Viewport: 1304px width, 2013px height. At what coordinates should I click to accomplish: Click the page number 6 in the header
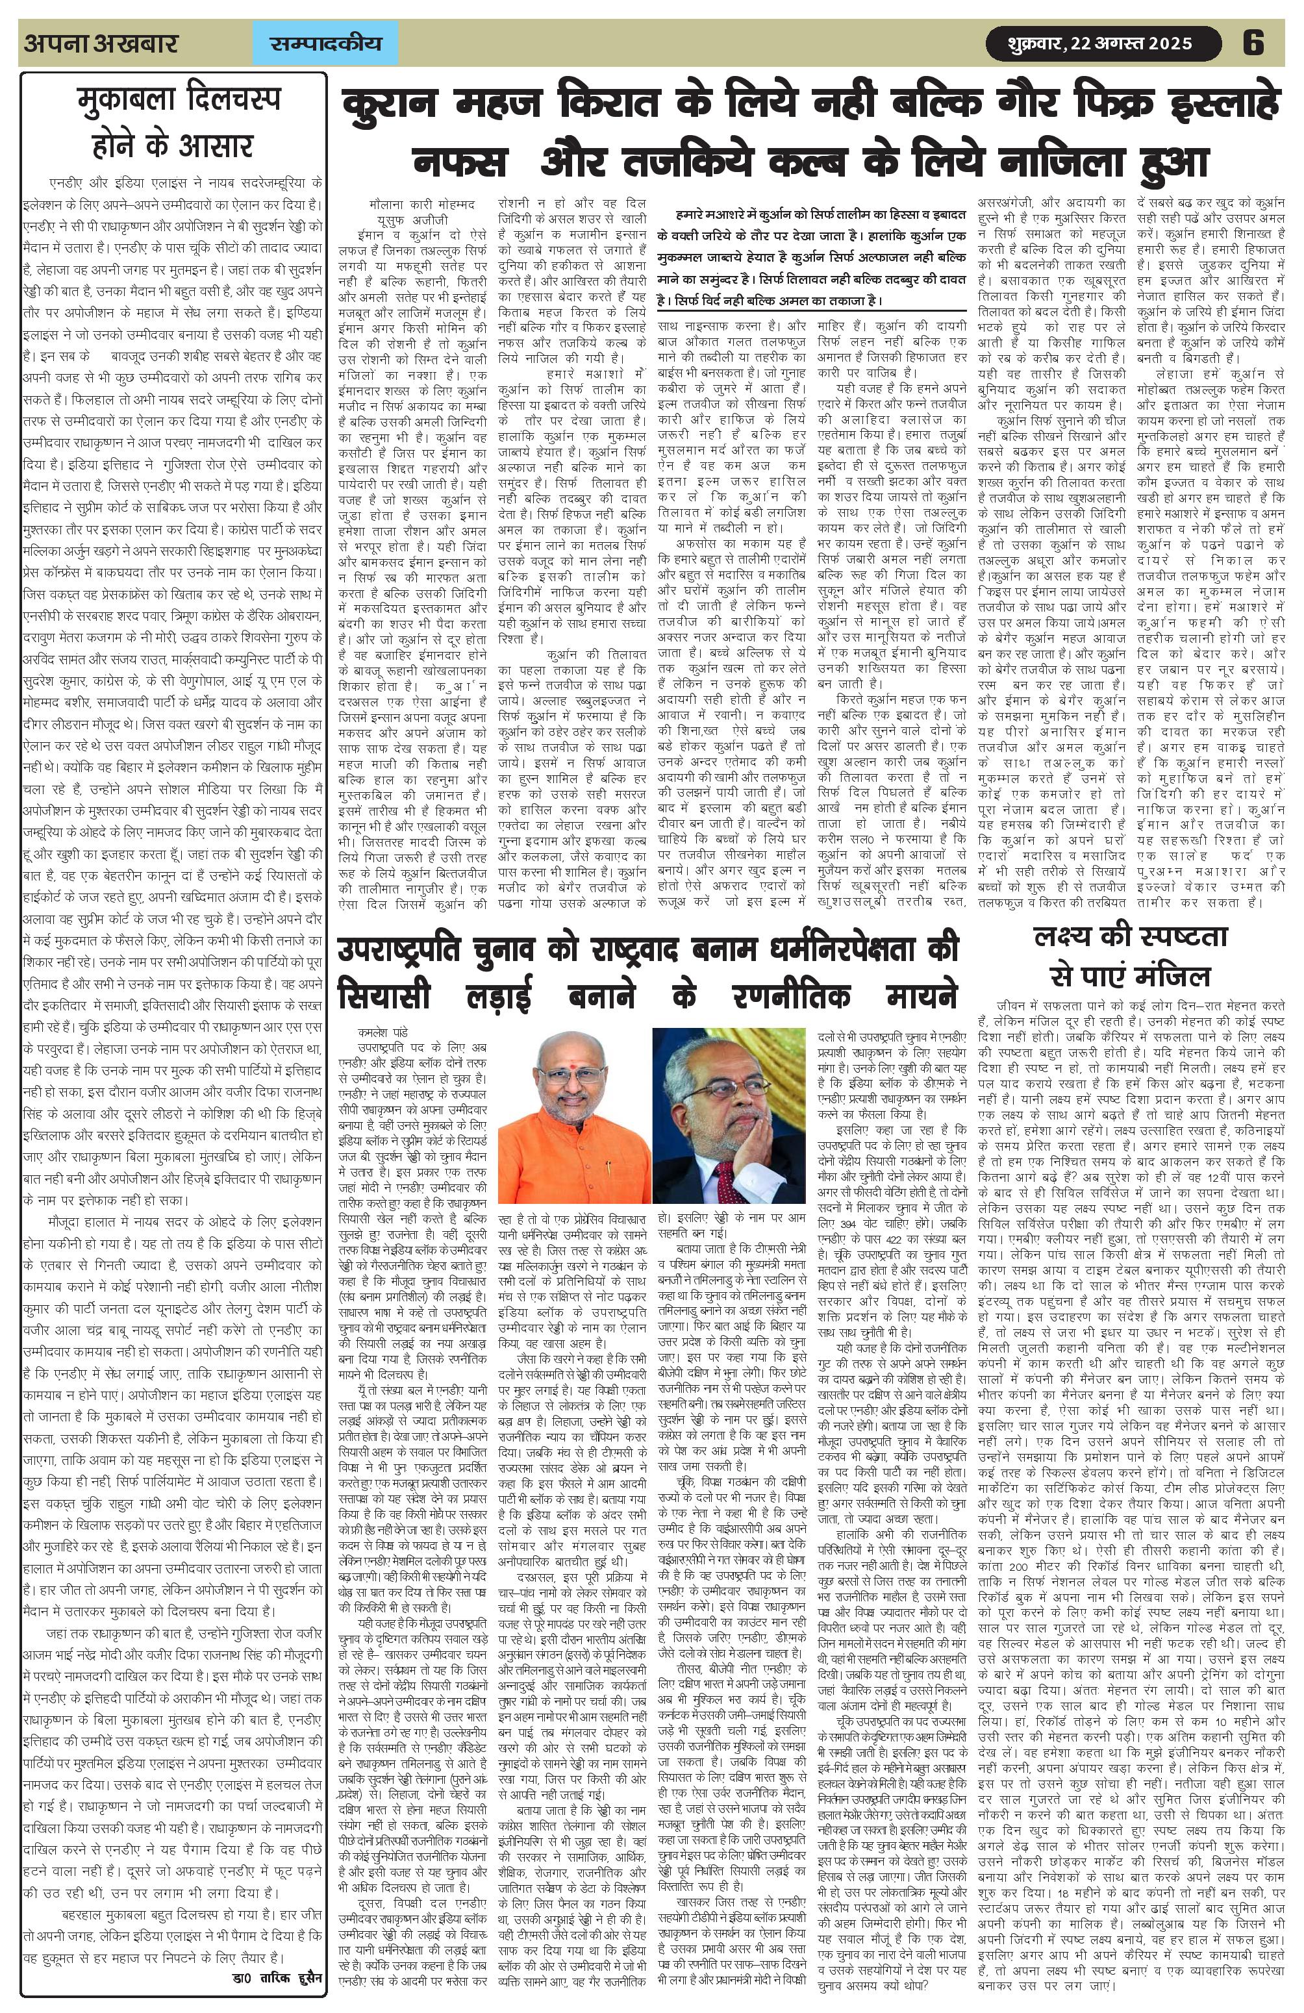point(1253,42)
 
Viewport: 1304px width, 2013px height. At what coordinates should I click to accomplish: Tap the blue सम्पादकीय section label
point(325,43)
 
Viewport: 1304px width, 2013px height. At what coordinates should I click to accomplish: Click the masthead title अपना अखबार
point(101,42)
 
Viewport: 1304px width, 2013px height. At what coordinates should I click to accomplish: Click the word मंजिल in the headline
point(1170,977)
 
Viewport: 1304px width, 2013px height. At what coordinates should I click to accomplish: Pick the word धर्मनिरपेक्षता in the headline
point(853,949)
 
